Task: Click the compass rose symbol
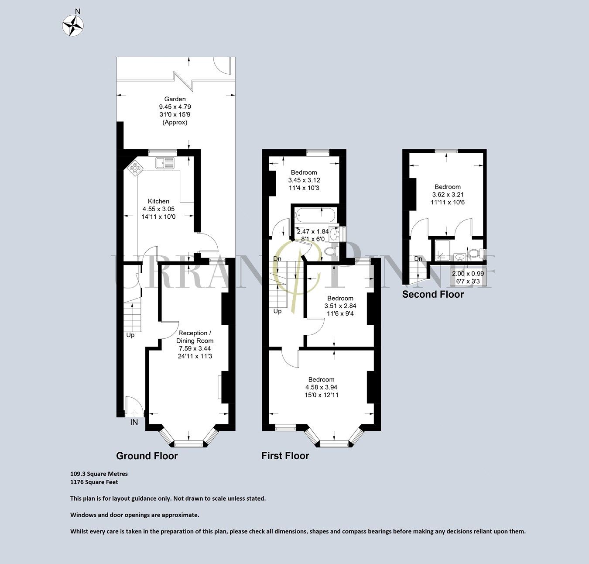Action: pos(73,25)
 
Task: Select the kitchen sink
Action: pos(164,163)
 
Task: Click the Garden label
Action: pos(175,99)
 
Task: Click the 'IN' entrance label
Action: pos(134,422)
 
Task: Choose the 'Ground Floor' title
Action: pos(147,456)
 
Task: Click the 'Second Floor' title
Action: pos(433,294)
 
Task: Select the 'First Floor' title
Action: pos(285,456)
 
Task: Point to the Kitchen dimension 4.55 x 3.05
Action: pos(158,209)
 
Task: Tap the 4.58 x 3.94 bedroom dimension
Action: pos(321,387)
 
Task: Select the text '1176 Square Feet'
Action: pos(94,482)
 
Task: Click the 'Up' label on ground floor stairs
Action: pos(130,335)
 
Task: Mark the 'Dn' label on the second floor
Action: pos(418,259)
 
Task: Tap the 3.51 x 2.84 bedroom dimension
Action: pos(340,306)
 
